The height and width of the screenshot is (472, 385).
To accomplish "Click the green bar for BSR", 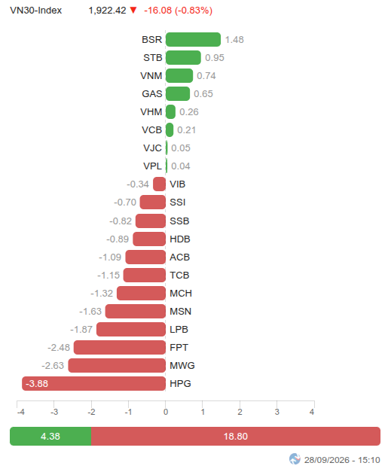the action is pyautogui.click(x=193, y=39).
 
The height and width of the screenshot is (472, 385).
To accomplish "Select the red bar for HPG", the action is pyautogui.click(x=93, y=383).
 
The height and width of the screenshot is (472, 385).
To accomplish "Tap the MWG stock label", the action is pyautogui.click(x=182, y=365).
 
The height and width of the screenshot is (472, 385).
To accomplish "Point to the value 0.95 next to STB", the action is pyautogui.click(x=215, y=57).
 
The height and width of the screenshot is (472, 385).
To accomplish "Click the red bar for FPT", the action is pyautogui.click(x=120, y=347).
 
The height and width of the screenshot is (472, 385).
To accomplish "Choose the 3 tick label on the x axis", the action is pyautogui.click(x=277, y=412).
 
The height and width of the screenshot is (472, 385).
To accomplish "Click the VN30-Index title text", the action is pyautogui.click(x=36, y=11).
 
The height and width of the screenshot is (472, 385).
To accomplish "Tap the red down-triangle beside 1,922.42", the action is pyautogui.click(x=133, y=11).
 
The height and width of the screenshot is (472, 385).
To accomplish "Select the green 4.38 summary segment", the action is pyautogui.click(x=50, y=436).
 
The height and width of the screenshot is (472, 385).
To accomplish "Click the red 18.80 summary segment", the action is pyautogui.click(x=236, y=436).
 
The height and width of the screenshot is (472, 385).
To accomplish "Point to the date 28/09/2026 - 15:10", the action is pyautogui.click(x=342, y=460).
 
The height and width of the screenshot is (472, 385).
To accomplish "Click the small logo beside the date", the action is pyautogui.click(x=295, y=459).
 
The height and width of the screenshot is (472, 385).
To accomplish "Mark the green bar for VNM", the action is pyautogui.click(x=179, y=75).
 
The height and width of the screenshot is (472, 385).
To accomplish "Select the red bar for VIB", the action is pyautogui.click(x=160, y=184).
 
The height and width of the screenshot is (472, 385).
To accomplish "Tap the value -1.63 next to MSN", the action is pyautogui.click(x=90, y=311).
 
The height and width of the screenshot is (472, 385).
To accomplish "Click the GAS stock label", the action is pyautogui.click(x=152, y=93).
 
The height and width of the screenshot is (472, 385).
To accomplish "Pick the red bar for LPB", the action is pyautogui.click(x=131, y=329).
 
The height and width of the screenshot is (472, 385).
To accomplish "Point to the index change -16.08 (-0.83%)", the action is pyautogui.click(x=178, y=11).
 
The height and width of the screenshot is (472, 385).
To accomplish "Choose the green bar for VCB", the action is pyautogui.click(x=170, y=129).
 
